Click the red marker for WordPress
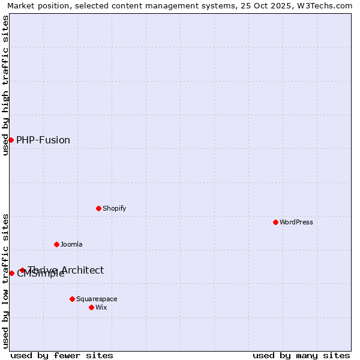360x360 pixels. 275,222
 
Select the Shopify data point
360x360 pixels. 98,208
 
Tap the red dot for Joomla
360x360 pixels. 56,244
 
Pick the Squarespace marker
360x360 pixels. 72,299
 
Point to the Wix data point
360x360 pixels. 91,307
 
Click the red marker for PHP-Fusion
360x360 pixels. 11,140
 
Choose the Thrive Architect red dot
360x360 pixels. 22,270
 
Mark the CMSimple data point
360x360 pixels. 11,273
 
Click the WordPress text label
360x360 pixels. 296,222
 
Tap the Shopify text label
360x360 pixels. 115,208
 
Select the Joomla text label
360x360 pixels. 71,244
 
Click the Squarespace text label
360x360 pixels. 97,299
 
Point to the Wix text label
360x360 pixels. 101,307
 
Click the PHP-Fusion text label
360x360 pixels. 43,140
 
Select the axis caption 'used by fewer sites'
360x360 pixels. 62,355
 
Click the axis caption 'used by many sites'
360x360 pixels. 301,355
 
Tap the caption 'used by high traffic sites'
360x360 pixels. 5,85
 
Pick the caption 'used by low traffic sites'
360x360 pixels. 5,280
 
